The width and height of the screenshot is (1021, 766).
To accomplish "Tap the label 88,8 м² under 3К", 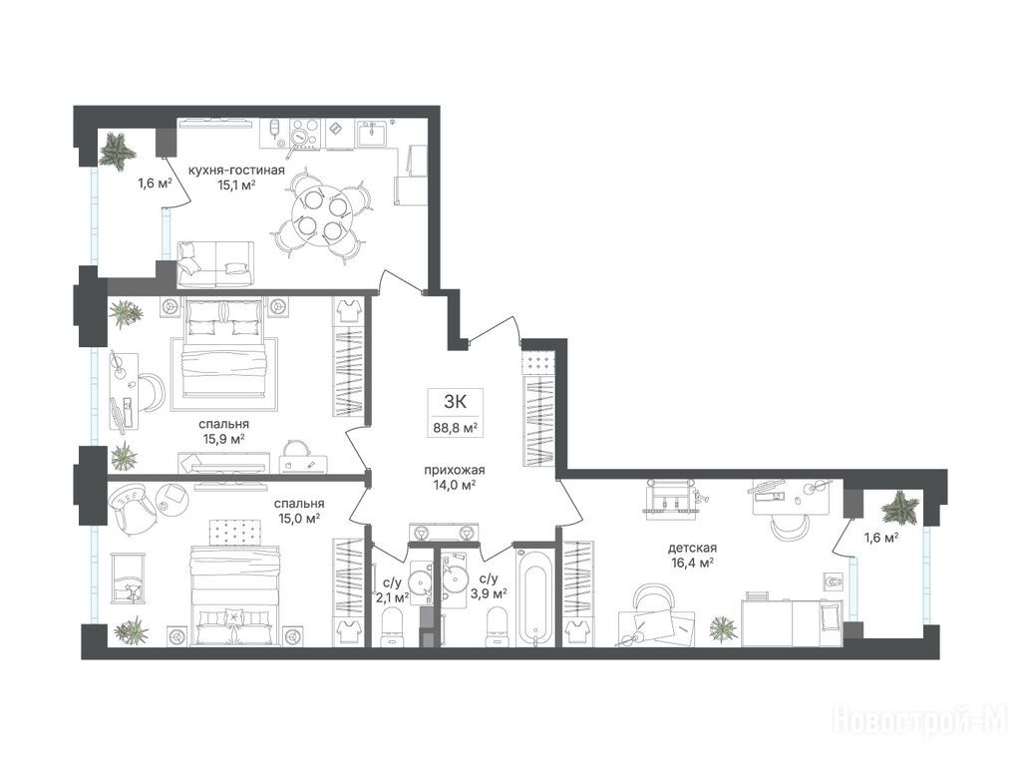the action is click(x=456, y=428).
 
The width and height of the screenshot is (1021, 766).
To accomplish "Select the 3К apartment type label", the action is click(x=454, y=402).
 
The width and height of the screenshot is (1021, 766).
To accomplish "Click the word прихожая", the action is click(x=455, y=470).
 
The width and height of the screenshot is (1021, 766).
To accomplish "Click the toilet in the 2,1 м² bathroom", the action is click(x=392, y=627).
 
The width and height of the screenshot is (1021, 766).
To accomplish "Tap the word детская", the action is click(x=692, y=548).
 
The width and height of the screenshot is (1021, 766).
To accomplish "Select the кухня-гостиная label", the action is click(x=236, y=170).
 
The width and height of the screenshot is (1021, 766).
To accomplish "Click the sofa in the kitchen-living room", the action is click(x=215, y=263).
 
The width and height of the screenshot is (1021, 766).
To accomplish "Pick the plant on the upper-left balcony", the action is click(x=118, y=152).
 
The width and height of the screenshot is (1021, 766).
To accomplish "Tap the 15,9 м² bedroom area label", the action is click(x=223, y=439).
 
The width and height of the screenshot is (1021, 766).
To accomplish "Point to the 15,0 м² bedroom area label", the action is click(x=298, y=519).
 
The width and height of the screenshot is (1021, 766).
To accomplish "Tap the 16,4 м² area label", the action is click(x=692, y=563).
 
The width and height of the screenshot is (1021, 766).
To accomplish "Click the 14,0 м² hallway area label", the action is click(x=454, y=485).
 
